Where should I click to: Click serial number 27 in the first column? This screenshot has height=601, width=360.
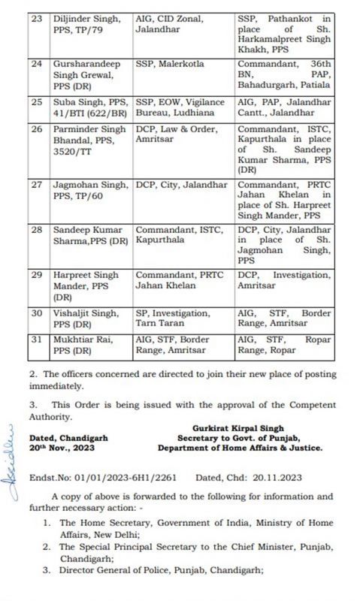pos(35,185)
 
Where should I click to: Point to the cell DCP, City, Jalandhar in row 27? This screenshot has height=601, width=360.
pos(180,185)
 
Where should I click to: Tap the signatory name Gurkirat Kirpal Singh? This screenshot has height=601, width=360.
pos(240,427)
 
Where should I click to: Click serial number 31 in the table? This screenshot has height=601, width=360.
pos(35,340)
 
